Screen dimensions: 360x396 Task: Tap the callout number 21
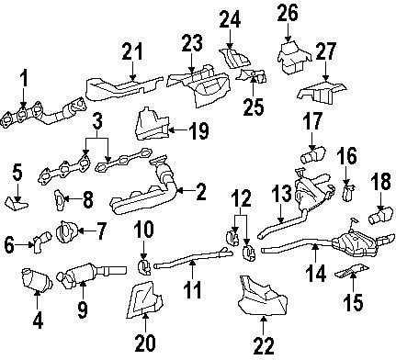coord(133,52)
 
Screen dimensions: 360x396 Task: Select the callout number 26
coord(288,15)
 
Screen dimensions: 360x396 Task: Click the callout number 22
coord(263,345)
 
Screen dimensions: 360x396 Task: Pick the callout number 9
coord(82,309)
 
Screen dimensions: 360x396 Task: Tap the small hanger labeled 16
coord(348,191)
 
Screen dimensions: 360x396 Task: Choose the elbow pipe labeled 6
coord(38,242)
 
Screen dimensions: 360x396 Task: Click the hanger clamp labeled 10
coord(143,267)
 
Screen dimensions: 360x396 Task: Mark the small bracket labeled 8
coord(60,198)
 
